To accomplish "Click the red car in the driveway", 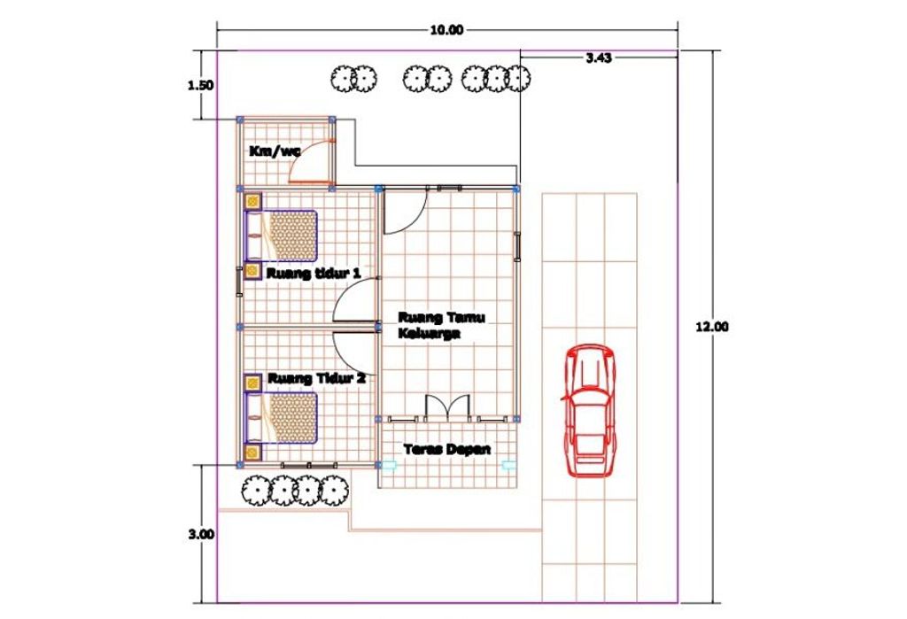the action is coord(588,410).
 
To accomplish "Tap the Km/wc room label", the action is coord(275,151).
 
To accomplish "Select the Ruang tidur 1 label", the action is coord(314,273).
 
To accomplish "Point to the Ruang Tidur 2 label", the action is coord(316,379).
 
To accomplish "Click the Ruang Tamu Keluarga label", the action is coord(441,325).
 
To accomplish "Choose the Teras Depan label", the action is coord(447,449).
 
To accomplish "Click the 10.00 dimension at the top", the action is coord(446,30).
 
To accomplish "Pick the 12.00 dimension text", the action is coord(712,326).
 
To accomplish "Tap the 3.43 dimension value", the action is coord(599,58).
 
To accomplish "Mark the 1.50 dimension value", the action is coord(201,86).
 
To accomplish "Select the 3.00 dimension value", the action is coord(201,534).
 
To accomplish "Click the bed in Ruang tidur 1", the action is coord(282,236).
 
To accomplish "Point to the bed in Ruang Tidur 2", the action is coord(282,418).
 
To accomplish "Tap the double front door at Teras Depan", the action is coord(447,406).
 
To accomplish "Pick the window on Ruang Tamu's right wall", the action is coord(517,247).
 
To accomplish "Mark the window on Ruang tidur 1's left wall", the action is coord(239,282).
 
